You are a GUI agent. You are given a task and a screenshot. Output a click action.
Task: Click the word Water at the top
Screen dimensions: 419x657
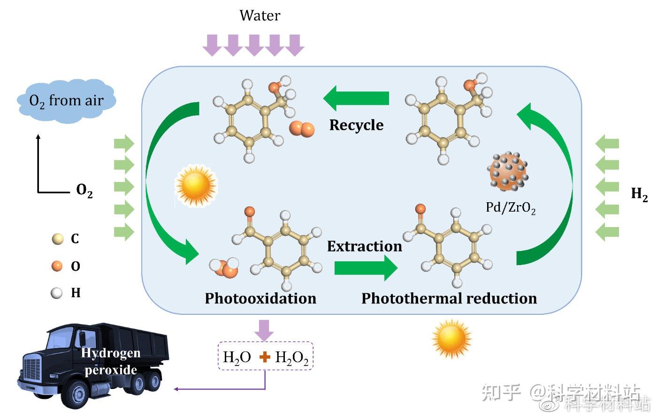(x=260, y=15)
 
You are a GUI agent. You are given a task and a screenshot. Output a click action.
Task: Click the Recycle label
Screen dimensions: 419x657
(x=356, y=125)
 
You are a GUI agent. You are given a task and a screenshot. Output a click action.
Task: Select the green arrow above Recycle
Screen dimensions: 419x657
(x=357, y=98)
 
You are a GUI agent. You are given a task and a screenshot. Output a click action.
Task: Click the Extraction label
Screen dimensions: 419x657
(x=364, y=246)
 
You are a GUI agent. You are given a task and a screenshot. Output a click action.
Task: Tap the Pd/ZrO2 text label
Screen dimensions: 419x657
(x=510, y=207)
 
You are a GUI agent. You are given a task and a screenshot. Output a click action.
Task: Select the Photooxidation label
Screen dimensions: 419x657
(x=260, y=298)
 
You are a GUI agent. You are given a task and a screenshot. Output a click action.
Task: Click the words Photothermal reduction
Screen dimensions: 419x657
(x=449, y=298)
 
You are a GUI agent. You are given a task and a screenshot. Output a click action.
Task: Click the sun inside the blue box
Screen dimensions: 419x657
(x=196, y=186)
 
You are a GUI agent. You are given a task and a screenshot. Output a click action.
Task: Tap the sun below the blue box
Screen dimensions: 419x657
(x=451, y=338)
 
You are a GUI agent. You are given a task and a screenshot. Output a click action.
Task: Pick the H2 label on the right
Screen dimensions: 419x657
(x=639, y=193)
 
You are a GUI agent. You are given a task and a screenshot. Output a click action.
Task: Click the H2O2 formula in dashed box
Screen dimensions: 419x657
(x=291, y=358)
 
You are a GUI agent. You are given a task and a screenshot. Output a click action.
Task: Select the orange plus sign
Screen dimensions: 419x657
(x=265, y=358)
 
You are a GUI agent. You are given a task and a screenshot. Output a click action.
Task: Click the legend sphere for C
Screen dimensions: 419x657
(x=57, y=239)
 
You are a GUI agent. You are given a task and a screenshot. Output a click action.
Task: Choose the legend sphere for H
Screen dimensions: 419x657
(x=57, y=293)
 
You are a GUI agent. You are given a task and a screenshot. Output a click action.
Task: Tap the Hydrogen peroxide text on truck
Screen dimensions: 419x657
(x=111, y=361)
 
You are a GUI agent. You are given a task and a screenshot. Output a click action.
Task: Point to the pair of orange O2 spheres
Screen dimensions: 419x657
(x=301, y=129)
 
